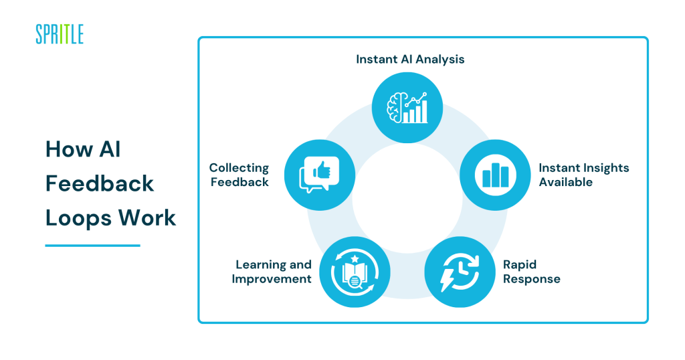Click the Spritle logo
[x=60, y=33]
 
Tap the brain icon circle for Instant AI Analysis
[x=407, y=107]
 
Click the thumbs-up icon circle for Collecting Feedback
[x=319, y=175]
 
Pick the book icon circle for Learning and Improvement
[x=354, y=271]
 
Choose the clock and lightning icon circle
[x=460, y=271]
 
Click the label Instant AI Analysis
[x=410, y=59]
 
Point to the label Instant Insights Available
[x=584, y=175]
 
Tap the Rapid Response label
[x=532, y=272]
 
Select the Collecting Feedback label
[x=239, y=175]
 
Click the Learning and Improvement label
[x=272, y=272]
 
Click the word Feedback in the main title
[x=100, y=183]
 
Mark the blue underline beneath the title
[x=92, y=246]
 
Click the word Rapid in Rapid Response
[x=520, y=265]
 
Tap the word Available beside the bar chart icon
[x=566, y=182]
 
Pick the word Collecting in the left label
[x=239, y=168]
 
